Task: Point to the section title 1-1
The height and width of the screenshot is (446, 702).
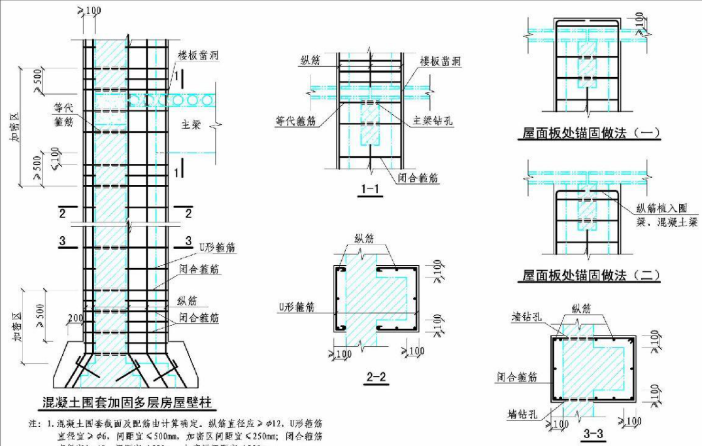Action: [x=371, y=189]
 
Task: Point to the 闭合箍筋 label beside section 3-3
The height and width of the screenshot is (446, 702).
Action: [x=516, y=377]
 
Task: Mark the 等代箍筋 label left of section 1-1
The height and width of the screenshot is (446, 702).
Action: [x=297, y=121]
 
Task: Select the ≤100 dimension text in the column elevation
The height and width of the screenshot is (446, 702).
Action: [x=58, y=156]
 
